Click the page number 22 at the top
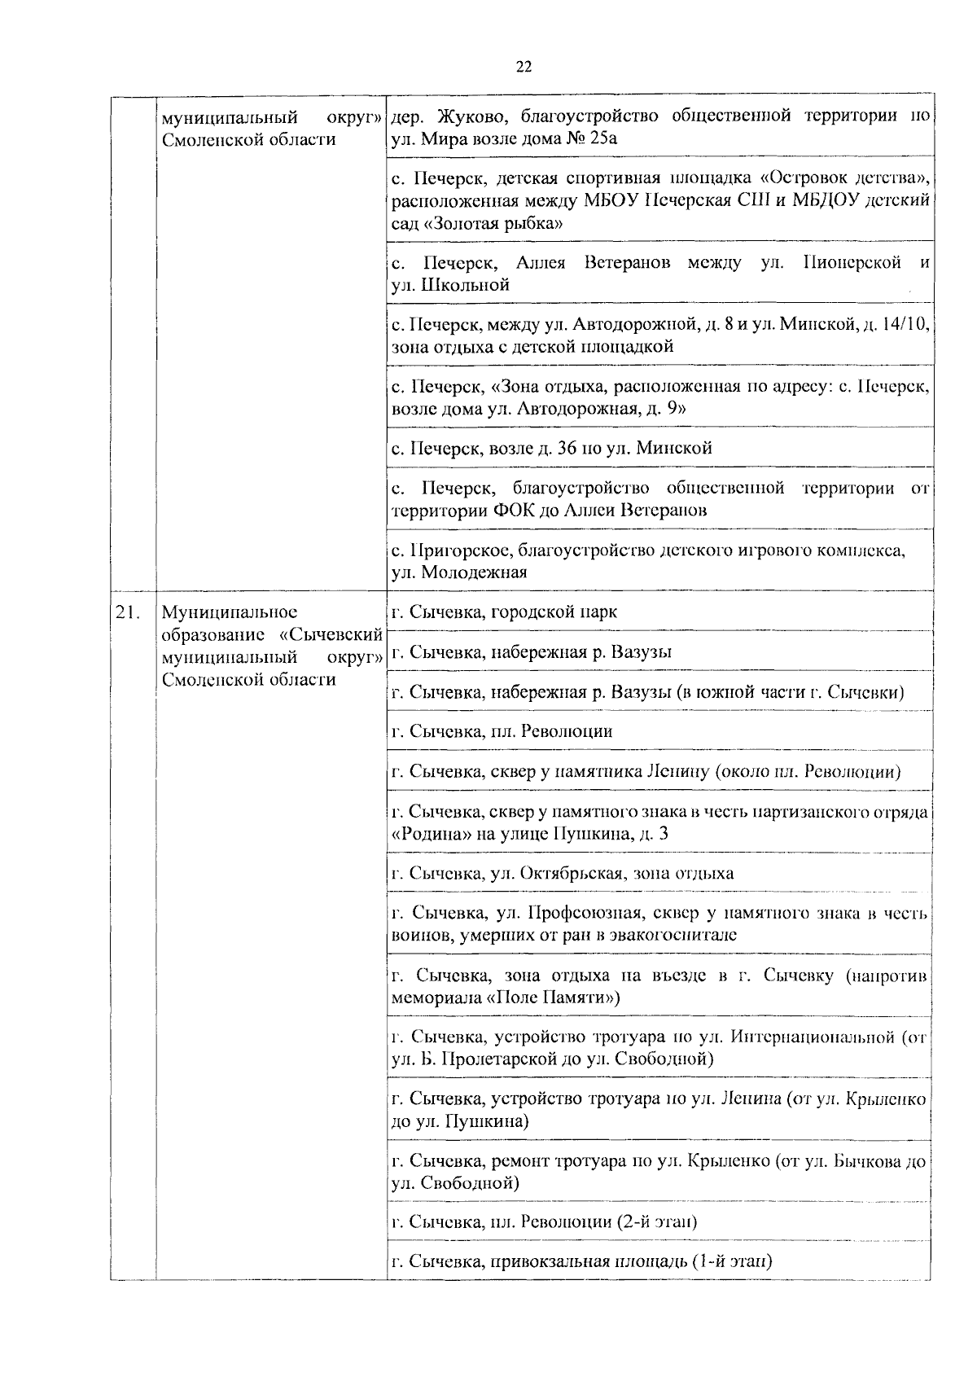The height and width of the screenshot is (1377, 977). click(524, 68)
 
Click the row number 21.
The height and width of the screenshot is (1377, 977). click(129, 612)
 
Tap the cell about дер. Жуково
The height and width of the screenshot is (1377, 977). click(659, 126)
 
